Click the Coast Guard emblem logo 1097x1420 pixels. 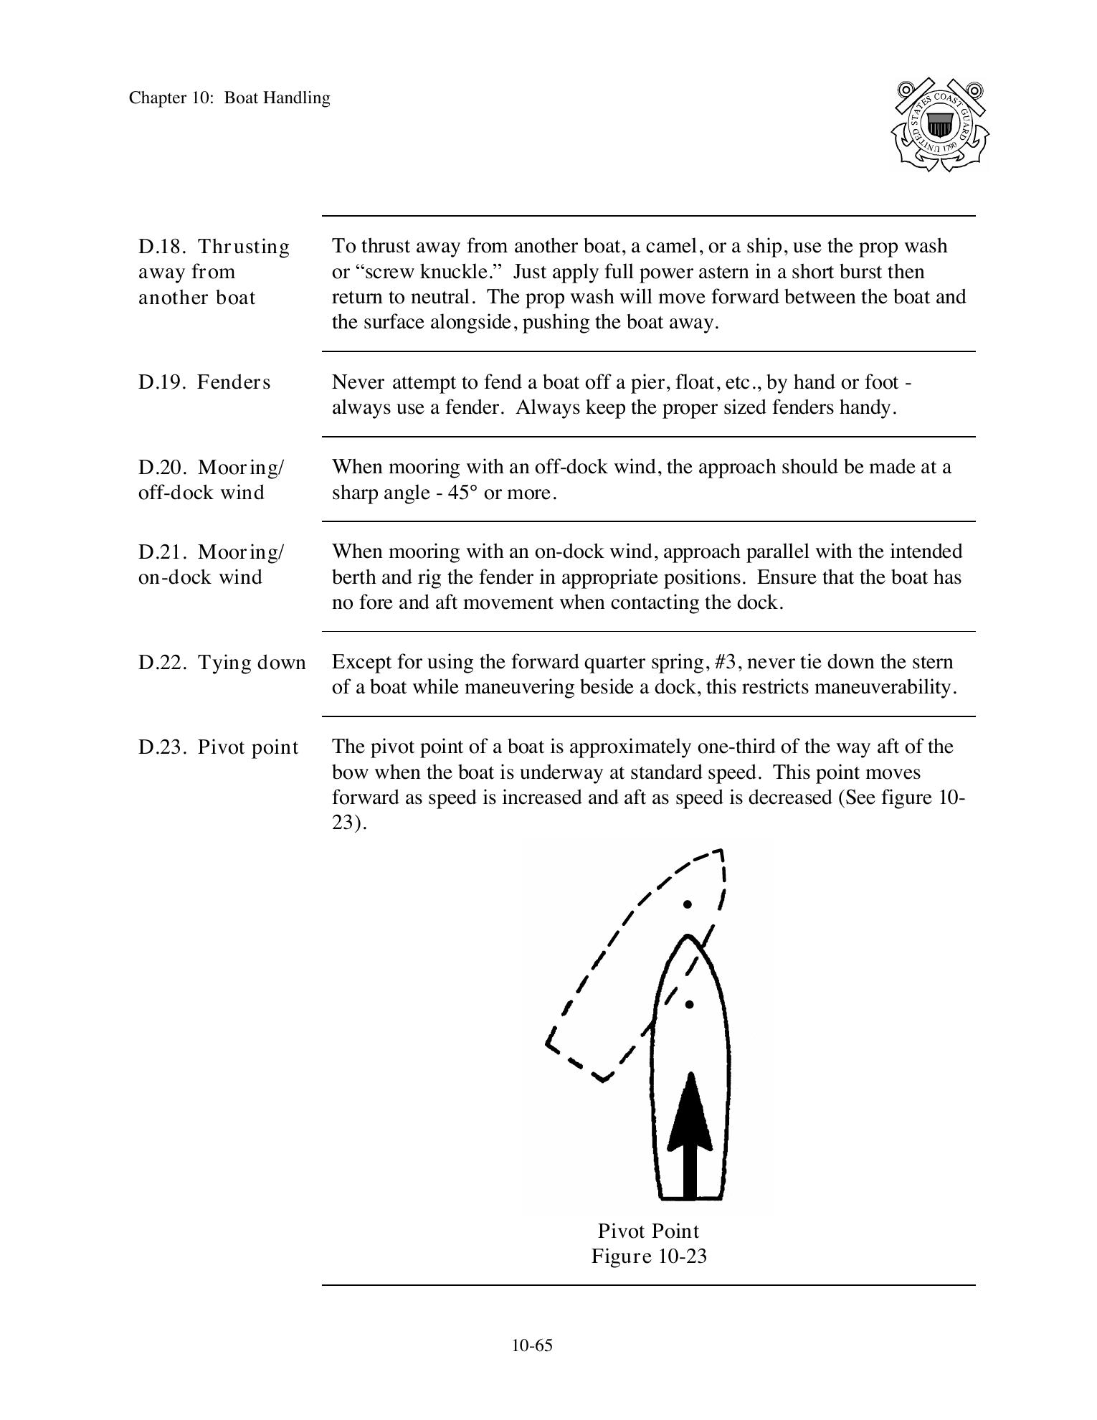939,125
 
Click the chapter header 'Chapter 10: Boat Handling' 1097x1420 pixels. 229,98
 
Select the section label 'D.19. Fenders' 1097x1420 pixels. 204,382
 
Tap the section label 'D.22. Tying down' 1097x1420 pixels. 222,663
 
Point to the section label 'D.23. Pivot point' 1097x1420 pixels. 218,747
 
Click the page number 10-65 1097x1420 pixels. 532,1345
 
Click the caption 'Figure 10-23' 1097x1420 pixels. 649,1256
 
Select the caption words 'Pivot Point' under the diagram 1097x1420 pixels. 649,1231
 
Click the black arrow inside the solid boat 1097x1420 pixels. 690,1133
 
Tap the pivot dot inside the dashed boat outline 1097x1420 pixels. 688,904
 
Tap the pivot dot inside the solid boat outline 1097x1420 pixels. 689,1005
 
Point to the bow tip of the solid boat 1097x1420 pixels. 688,937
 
